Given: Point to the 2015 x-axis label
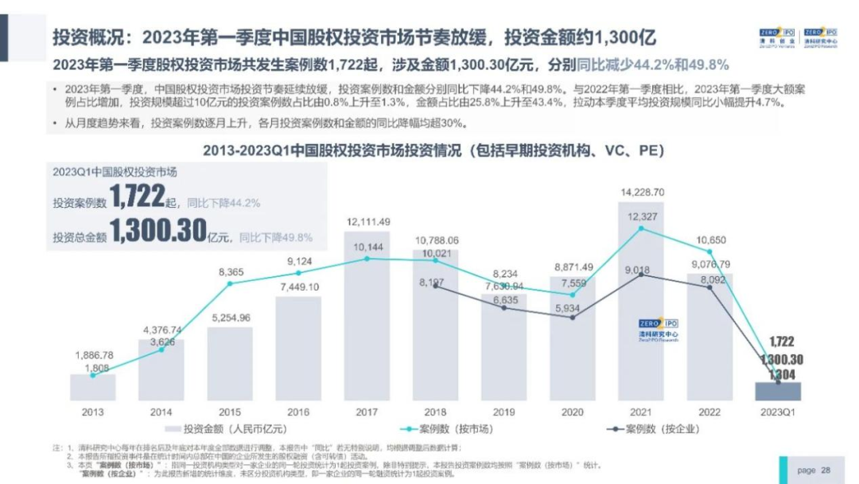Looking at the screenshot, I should coord(230,412).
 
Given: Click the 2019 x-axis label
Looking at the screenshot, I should coord(503,412).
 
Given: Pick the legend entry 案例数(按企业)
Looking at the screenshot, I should coord(652,428).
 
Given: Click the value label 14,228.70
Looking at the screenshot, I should coord(642,192).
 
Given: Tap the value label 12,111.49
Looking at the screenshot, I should coord(367,221).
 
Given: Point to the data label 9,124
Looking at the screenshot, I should coord(298,260).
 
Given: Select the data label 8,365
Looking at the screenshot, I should coord(230,272).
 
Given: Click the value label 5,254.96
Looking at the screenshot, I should coord(230,318).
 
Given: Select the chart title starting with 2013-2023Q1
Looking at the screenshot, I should coord(433,150).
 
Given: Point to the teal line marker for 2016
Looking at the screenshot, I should coord(298,276).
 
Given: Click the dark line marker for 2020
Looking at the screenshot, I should coord(573,318).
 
